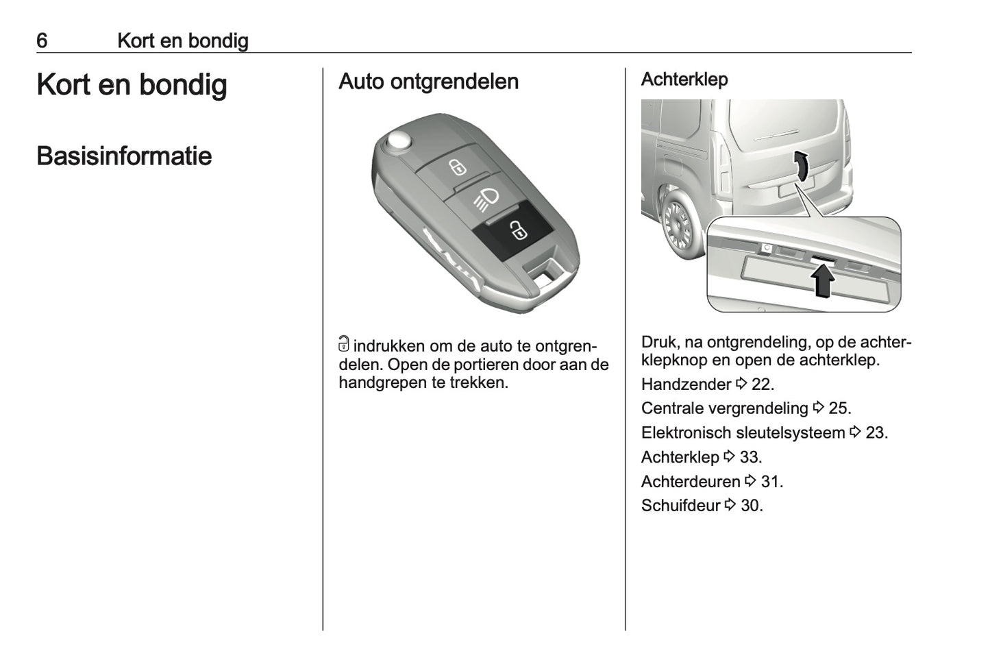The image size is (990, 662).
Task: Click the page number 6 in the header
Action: click(x=42, y=41)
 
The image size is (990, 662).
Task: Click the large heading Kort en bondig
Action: click(x=132, y=85)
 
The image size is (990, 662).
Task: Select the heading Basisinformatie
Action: click(x=124, y=156)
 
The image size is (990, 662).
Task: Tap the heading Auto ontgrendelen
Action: click(x=428, y=82)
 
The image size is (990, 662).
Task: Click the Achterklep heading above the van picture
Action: click(x=684, y=79)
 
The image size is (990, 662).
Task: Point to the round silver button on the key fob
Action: click(x=398, y=142)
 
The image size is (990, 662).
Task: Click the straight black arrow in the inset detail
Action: click(x=822, y=281)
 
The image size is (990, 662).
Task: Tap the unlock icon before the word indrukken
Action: click(x=344, y=345)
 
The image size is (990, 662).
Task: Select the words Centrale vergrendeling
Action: click(x=724, y=408)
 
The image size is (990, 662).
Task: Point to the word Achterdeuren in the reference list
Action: click(x=691, y=482)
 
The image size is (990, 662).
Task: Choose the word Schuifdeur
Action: click(x=680, y=506)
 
